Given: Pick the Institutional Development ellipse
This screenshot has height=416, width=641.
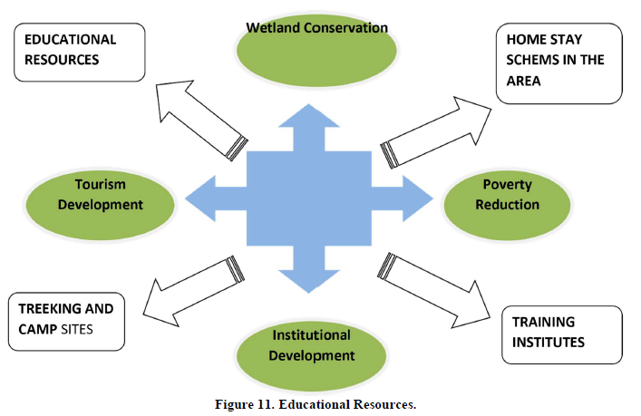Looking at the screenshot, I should (x=313, y=349).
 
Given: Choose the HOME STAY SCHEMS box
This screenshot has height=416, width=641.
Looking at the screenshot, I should (x=558, y=63).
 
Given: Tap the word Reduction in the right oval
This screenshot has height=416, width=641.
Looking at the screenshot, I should (x=507, y=204).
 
